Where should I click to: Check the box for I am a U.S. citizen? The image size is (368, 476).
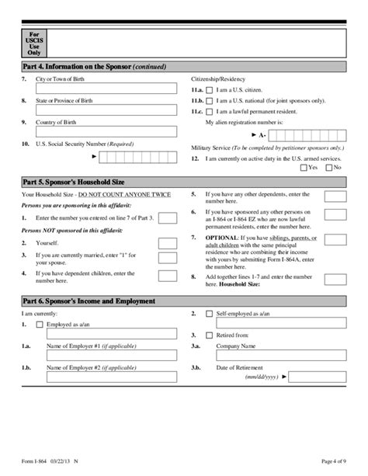point(210,91)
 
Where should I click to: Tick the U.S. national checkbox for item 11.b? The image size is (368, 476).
point(210,102)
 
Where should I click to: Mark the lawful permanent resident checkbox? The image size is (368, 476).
point(210,113)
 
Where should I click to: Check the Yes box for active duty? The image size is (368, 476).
point(304,167)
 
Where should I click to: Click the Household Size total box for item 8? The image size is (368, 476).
point(335,278)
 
